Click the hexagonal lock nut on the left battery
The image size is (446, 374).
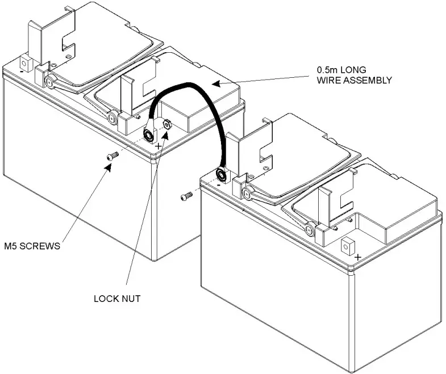click(x=167, y=124)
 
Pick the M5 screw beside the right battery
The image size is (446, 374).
click(x=185, y=196)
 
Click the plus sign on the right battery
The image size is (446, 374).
click(x=357, y=257)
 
